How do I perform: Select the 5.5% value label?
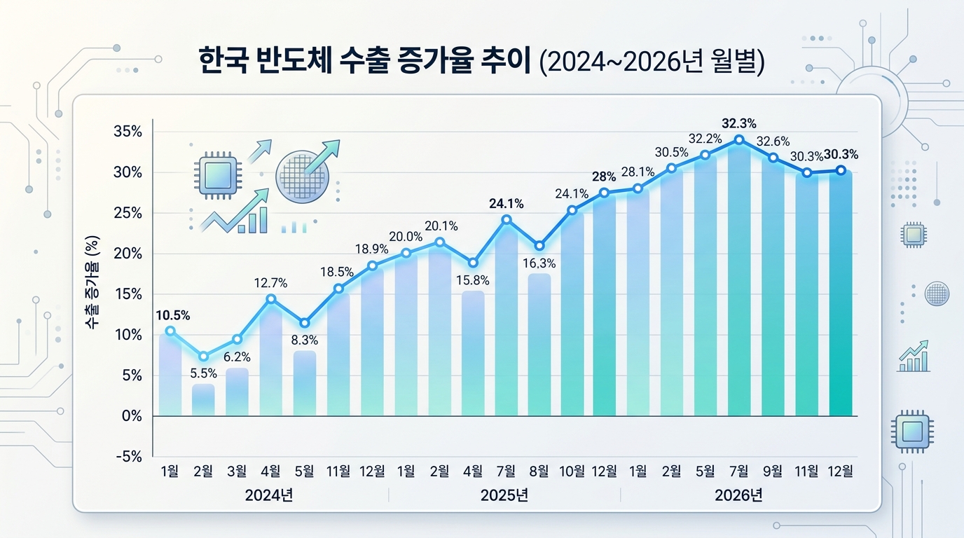203,373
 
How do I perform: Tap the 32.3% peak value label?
739,123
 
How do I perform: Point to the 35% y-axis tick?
128,132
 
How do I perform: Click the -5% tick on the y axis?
128,457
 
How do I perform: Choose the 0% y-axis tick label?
132,416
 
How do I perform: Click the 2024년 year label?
269,496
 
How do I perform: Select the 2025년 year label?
504,496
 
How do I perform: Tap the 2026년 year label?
738,496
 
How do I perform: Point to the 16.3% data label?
539,264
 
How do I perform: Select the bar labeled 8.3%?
304,382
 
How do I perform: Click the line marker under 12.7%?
270,299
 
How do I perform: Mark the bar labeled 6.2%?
237,392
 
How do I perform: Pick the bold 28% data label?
605,176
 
